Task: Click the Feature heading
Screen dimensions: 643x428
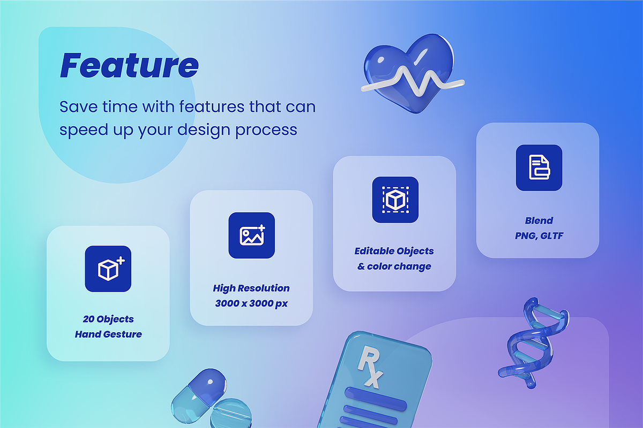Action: (129, 65)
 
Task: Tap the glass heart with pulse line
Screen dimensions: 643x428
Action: (412, 74)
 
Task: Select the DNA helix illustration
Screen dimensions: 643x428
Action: (533, 343)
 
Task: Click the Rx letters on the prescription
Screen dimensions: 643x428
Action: (370, 366)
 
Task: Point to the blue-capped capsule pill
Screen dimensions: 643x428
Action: (199, 395)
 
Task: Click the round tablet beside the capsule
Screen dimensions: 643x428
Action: (231, 413)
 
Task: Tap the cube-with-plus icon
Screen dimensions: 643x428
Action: (108, 269)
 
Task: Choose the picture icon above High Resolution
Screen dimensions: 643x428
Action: (252, 235)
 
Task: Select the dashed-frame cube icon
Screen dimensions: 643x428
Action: (395, 200)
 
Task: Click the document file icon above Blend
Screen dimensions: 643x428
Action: (539, 167)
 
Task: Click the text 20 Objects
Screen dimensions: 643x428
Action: (108, 319)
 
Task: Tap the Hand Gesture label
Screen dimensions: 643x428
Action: (108, 334)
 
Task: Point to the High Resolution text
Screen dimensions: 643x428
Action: (251, 288)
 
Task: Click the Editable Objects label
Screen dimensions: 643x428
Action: (394, 251)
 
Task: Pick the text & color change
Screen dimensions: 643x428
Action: (394, 266)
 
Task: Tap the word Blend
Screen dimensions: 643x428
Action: (539, 220)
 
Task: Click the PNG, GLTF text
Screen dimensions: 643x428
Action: (539, 236)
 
